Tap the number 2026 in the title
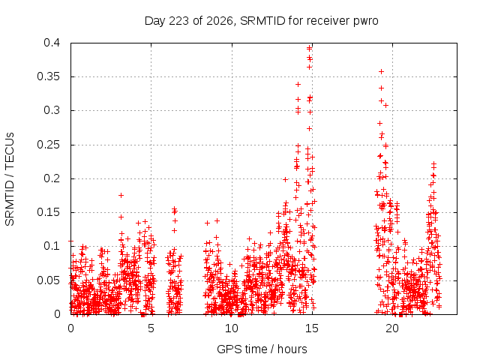click(x=220, y=21)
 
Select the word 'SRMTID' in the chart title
click(x=262, y=21)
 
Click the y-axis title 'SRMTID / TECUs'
click(x=10, y=179)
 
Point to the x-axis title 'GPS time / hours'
click(x=262, y=349)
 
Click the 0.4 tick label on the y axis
click(x=52, y=43)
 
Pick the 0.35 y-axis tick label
click(x=48, y=76)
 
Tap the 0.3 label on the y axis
click(x=52, y=110)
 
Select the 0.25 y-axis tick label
click(x=48, y=145)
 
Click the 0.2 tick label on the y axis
click(x=52, y=178)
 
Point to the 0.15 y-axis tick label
click(x=48, y=212)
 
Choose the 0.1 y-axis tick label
click(x=52, y=246)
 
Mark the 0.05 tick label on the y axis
click(x=48, y=280)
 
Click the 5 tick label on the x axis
click(x=151, y=328)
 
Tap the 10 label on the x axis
click(x=232, y=328)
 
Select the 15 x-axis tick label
click(x=312, y=328)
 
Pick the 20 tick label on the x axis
click(x=392, y=328)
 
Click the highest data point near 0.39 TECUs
click(x=310, y=48)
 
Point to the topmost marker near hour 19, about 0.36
click(x=382, y=72)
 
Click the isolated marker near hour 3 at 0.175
click(x=121, y=195)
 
